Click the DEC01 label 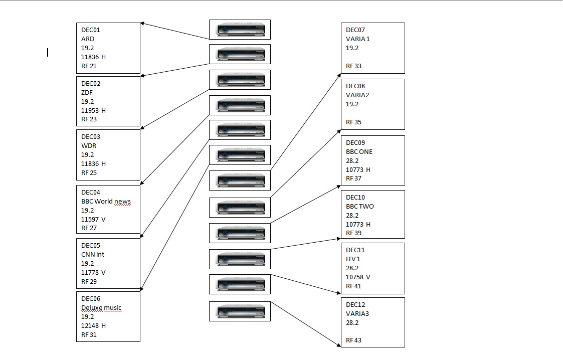[x=90, y=30]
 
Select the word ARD [x=88, y=39]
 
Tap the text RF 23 [x=89, y=119]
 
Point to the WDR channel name [x=89, y=146]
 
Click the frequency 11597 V [x=93, y=219]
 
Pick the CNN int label [x=93, y=255]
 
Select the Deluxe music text [x=101, y=307]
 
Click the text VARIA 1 [x=357, y=39]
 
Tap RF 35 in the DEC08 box [x=353, y=122]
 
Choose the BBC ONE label [x=359, y=151]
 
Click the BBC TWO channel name [x=360, y=207]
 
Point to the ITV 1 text [x=353, y=259]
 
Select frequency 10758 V [x=358, y=277]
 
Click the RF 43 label [x=353, y=340]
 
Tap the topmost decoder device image [x=240, y=30]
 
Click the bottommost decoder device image [x=240, y=311]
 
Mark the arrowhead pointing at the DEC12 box [x=339, y=345]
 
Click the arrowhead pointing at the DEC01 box [x=142, y=24]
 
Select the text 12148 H [x=93, y=325]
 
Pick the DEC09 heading [x=355, y=142]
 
